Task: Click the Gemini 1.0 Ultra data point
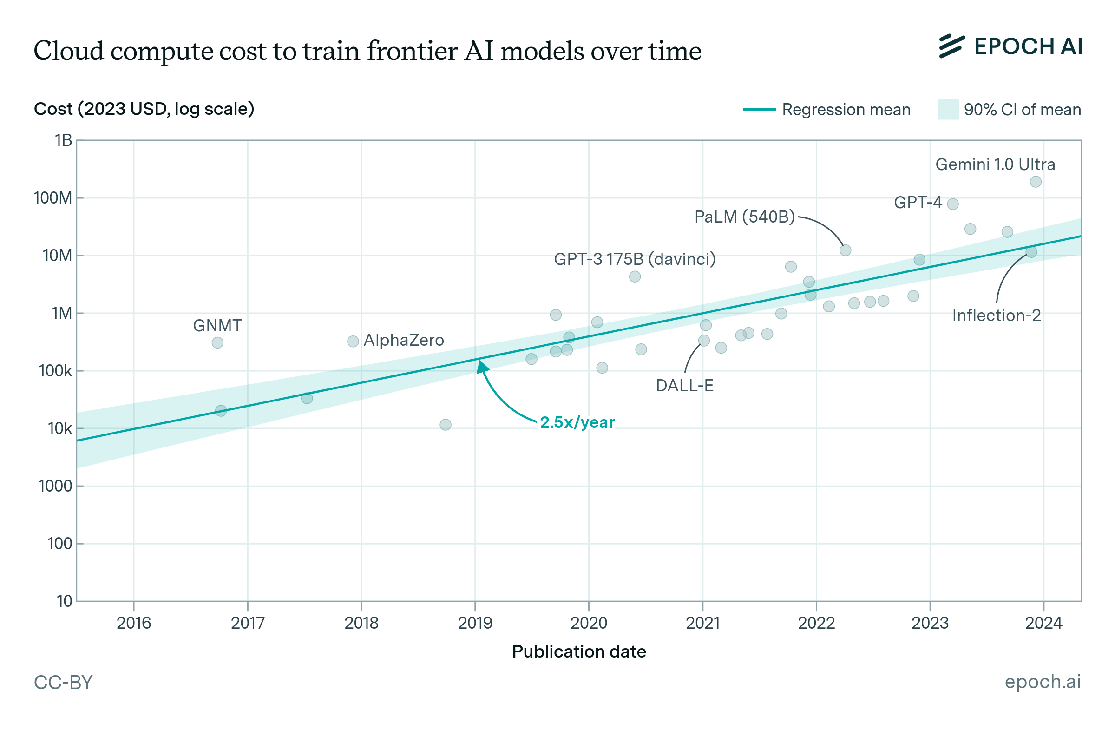pyautogui.click(x=1036, y=181)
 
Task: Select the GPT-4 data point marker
pyautogui.click(x=952, y=204)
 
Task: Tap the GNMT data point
pyautogui.click(x=217, y=342)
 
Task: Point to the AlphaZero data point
pyautogui.click(x=353, y=341)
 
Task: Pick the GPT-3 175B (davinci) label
pyautogui.click(x=634, y=259)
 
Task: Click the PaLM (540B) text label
pyautogui.click(x=744, y=217)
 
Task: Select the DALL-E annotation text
pyautogui.click(x=684, y=385)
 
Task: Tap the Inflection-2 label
pyautogui.click(x=996, y=316)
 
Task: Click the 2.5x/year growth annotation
pyautogui.click(x=577, y=422)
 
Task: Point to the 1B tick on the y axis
pyautogui.click(x=63, y=140)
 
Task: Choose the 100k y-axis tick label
pyautogui.click(x=55, y=371)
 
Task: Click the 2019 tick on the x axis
pyautogui.click(x=475, y=623)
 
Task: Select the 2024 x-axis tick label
pyautogui.click(x=1043, y=623)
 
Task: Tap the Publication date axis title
pyautogui.click(x=578, y=651)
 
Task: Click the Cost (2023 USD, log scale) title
pyautogui.click(x=144, y=109)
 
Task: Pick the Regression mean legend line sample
pyautogui.click(x=759, y=109)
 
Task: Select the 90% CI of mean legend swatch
pyautogui.click(x=948, y=109)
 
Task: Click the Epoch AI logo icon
pyautogui.click(x=951, y=46)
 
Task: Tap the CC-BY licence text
pyautogui.click(x=63, y=682)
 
